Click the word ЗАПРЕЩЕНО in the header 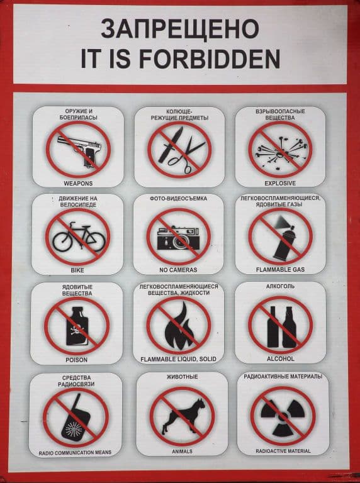tap(180, 29)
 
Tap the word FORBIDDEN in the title tap(210, 58)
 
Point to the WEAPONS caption tap(78, 183)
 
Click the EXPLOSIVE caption tap(280, 183)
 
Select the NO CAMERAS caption tap(178, 270)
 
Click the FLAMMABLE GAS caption tap(280, 270)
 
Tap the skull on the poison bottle tap(76, 330)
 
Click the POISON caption tap(76, 360)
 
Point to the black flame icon tap(179, 326)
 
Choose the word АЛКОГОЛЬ tap(280, 287)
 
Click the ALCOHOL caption tap(281, 359)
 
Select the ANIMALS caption tap(182, 452)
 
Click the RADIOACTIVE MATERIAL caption tap(283, 451)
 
